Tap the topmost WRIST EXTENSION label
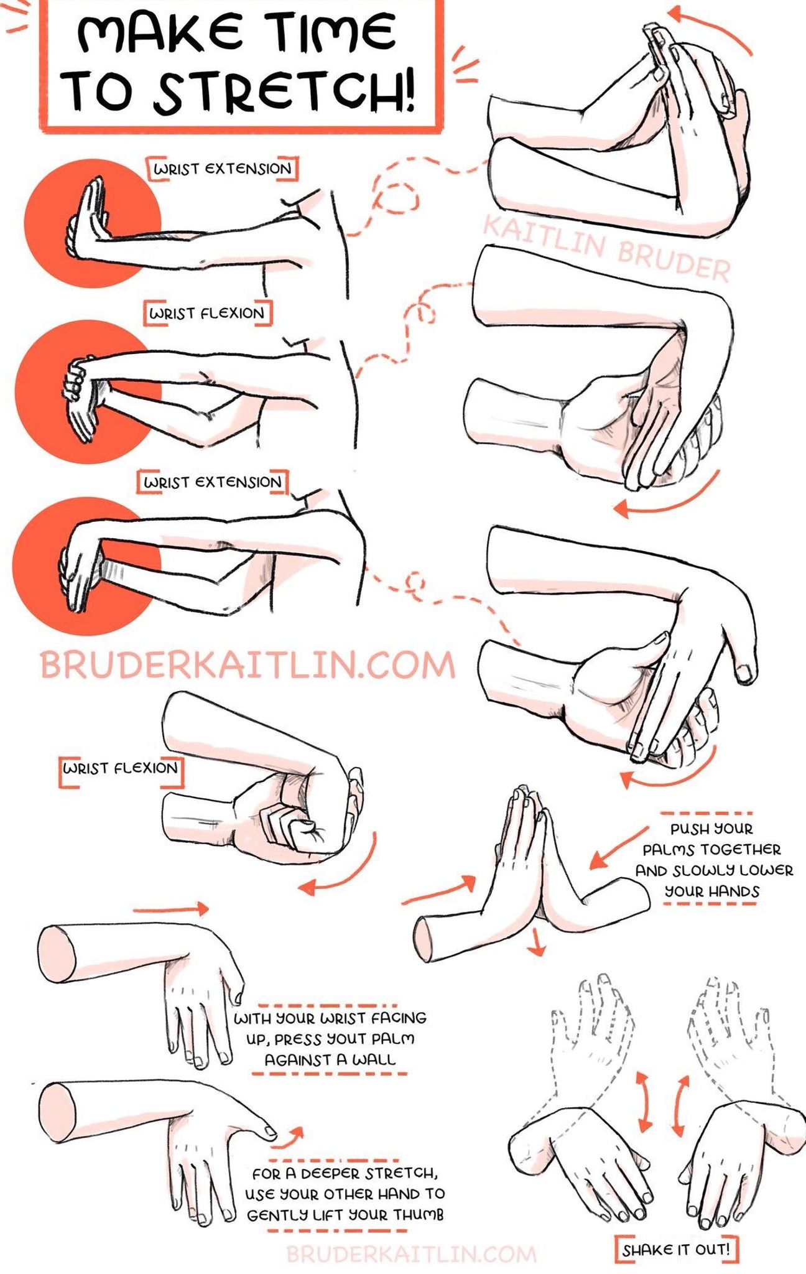pyautogui.click(x=222, y=169)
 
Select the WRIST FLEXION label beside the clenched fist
pyautogui.click(x=121, y=768)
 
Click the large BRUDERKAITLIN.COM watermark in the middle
pyautogui.click(x=248, y=665)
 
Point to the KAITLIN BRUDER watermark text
pyautogui.click(x=606, y=248)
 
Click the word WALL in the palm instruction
pyautogui.click(x=374, y=1060)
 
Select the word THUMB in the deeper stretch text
pyautogui.click(x=418, y=1215)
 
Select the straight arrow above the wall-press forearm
pyautogui.click(x=171, y=909)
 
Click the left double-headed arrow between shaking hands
pyautogui.click(x=645, y=1100)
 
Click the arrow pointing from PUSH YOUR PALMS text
pyautogui.click(x=617, y=848)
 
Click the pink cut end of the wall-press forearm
pyautogui.click(x=57, y=954)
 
